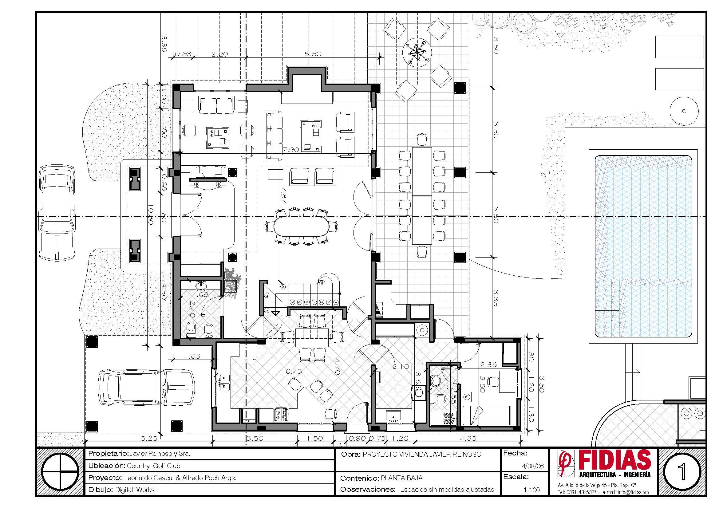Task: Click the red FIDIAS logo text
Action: [615, 459]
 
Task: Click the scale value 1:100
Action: [532, 490]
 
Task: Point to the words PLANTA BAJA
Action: [402, 478]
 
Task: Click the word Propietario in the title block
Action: [108, 454]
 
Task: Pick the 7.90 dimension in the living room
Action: [290, 150]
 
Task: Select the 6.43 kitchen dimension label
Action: [294, 372]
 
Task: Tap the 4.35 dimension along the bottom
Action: [468, 439]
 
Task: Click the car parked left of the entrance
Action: [57, 213]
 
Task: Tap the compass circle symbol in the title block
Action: [61, 471]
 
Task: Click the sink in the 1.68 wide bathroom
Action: [200, 286]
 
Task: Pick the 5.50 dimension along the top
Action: [313, 54]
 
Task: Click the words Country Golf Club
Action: [153, 466]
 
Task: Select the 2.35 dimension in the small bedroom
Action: [488, 365]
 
